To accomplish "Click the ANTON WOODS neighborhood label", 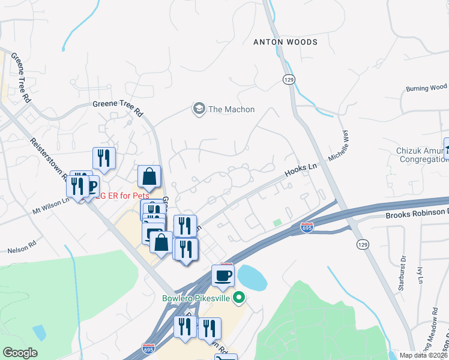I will click(x=285, y=42).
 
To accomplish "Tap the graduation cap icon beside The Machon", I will click(x=198, y=109).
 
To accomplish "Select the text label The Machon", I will click(x=231, y=109).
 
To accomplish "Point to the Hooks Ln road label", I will click(x=300, y=170).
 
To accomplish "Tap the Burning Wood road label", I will click(x=426, y=88).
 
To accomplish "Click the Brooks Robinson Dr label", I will click(x=417, y=213).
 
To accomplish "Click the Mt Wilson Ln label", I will click(x=51, y=207).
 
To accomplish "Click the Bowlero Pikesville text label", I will click(x=197, y=297).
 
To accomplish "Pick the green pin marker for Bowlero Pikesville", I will click(x=238, y=297).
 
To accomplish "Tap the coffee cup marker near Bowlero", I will click(x=223, y=275).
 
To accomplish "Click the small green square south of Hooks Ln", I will click(x=277, y=223).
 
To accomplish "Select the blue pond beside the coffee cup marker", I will click(x=253, y=276).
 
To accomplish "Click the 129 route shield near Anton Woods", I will click(x=289, y=79).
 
